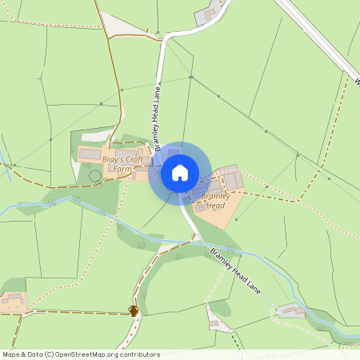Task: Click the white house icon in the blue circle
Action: (x=179, y=172)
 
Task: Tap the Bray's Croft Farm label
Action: (x=122, y=164)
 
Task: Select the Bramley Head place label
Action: (x=216, y=200)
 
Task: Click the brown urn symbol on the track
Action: (x=134, y=310)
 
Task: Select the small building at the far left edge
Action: (x=12, y=302)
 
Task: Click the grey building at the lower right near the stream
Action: (x=290, y=310)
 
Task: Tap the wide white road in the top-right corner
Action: (x=316, y=36)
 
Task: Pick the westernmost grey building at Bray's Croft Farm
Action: (x=90, y=154)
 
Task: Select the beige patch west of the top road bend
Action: (x=120, y=26)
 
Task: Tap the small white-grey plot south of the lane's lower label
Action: (x=213, y=322)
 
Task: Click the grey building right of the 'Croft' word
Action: (x=146, y=160)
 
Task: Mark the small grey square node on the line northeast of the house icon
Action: (x=191, y=78)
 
